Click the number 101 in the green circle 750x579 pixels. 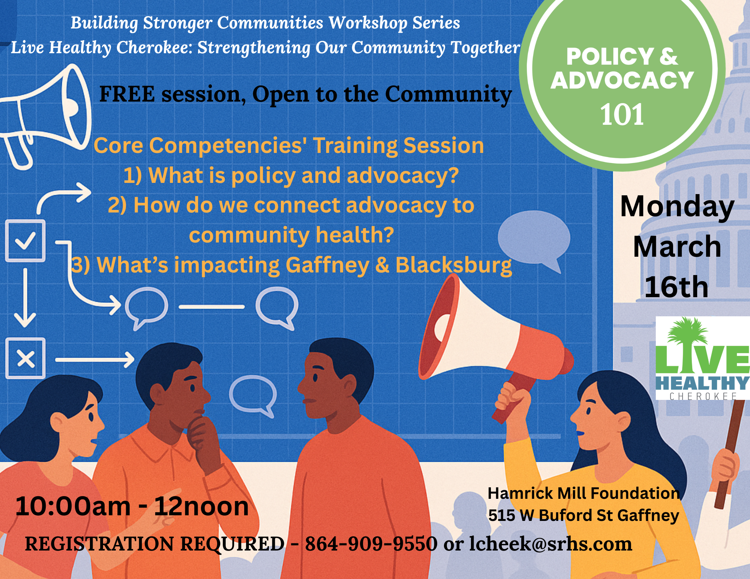622,114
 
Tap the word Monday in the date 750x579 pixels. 677,207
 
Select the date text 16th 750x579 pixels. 676,287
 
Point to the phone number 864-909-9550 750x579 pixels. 371,544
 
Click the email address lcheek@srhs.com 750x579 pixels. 550,544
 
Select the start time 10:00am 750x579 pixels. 73,506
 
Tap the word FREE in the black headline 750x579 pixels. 127,94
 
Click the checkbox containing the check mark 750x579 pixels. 25,241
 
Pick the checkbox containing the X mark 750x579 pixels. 25,359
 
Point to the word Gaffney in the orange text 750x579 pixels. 327,265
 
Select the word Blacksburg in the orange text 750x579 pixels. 453,265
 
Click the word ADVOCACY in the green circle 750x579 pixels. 622,80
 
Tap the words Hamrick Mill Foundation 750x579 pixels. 583,493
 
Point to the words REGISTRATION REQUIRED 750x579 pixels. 154,544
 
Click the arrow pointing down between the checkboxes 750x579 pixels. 25,298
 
